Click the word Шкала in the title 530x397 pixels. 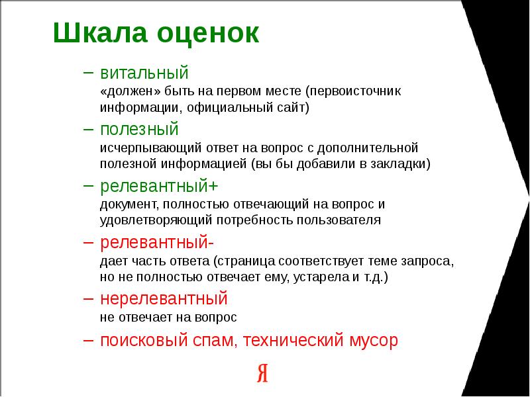coord(101,32)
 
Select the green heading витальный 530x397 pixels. coord(144,73)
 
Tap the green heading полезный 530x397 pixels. coord(139,129)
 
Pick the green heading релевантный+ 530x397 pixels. coord(159,186)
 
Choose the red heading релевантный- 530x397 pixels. coord(157,242)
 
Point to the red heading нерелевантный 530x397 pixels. coord(164,298)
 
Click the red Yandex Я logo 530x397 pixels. coord(262,373)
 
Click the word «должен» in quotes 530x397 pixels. coord(131,91)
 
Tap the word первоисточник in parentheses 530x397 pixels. coord(353,91)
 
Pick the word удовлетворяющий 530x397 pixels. coord(156,220)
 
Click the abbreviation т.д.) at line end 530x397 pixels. coord(376,277)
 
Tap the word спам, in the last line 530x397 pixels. coord(213,341)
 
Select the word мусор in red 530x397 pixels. coord(374,341)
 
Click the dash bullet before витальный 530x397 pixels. coord(88,72)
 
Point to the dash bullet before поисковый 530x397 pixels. coord(88,340)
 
